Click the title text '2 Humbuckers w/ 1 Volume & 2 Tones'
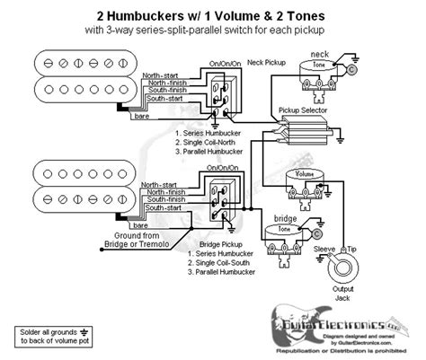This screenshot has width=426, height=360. [x=213, y=12]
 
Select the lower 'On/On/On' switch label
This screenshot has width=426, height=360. [x=224, y=168]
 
